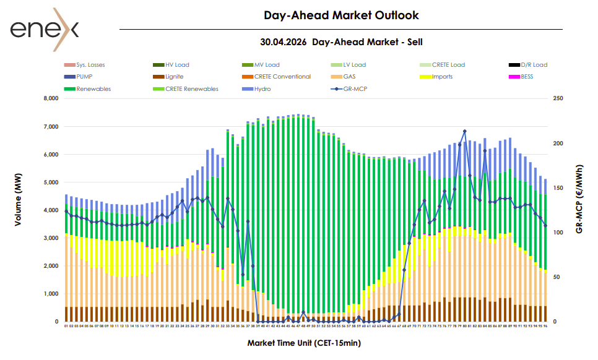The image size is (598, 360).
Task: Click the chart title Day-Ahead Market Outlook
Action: click(341, 15)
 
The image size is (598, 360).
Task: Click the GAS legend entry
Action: click(350, 77)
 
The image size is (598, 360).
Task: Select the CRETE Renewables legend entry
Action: click(192, 89)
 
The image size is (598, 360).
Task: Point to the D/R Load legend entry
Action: click(534, 65)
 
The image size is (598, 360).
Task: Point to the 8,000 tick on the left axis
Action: click(50, 98)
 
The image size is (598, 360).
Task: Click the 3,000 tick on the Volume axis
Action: click(50, 238)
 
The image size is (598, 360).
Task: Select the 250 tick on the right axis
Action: click(558, 98)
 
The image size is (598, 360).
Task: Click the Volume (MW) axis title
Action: click(19, 210)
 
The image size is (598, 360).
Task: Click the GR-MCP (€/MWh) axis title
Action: click(579, 199)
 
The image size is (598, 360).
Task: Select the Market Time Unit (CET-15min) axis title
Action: click(304, 342)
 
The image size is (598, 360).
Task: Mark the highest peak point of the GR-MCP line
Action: click(464, 131)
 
